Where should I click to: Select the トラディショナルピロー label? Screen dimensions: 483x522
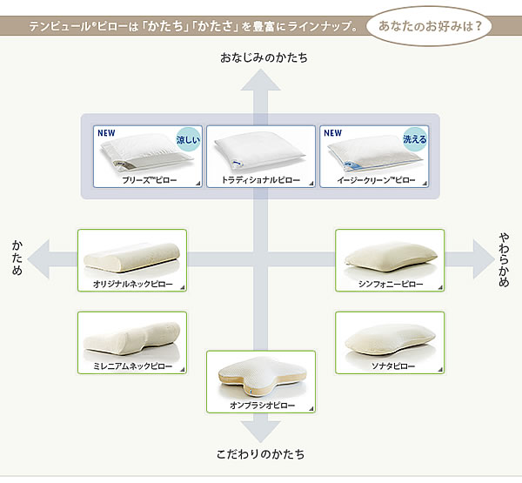pos(260,180)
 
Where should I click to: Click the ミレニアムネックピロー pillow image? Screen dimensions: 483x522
pos(130,335)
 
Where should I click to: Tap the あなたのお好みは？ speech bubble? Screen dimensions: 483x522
pos(429,23)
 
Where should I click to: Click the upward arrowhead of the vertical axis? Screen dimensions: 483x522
pos(260,80)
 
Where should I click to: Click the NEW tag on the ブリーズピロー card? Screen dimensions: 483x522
pos(106,133)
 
